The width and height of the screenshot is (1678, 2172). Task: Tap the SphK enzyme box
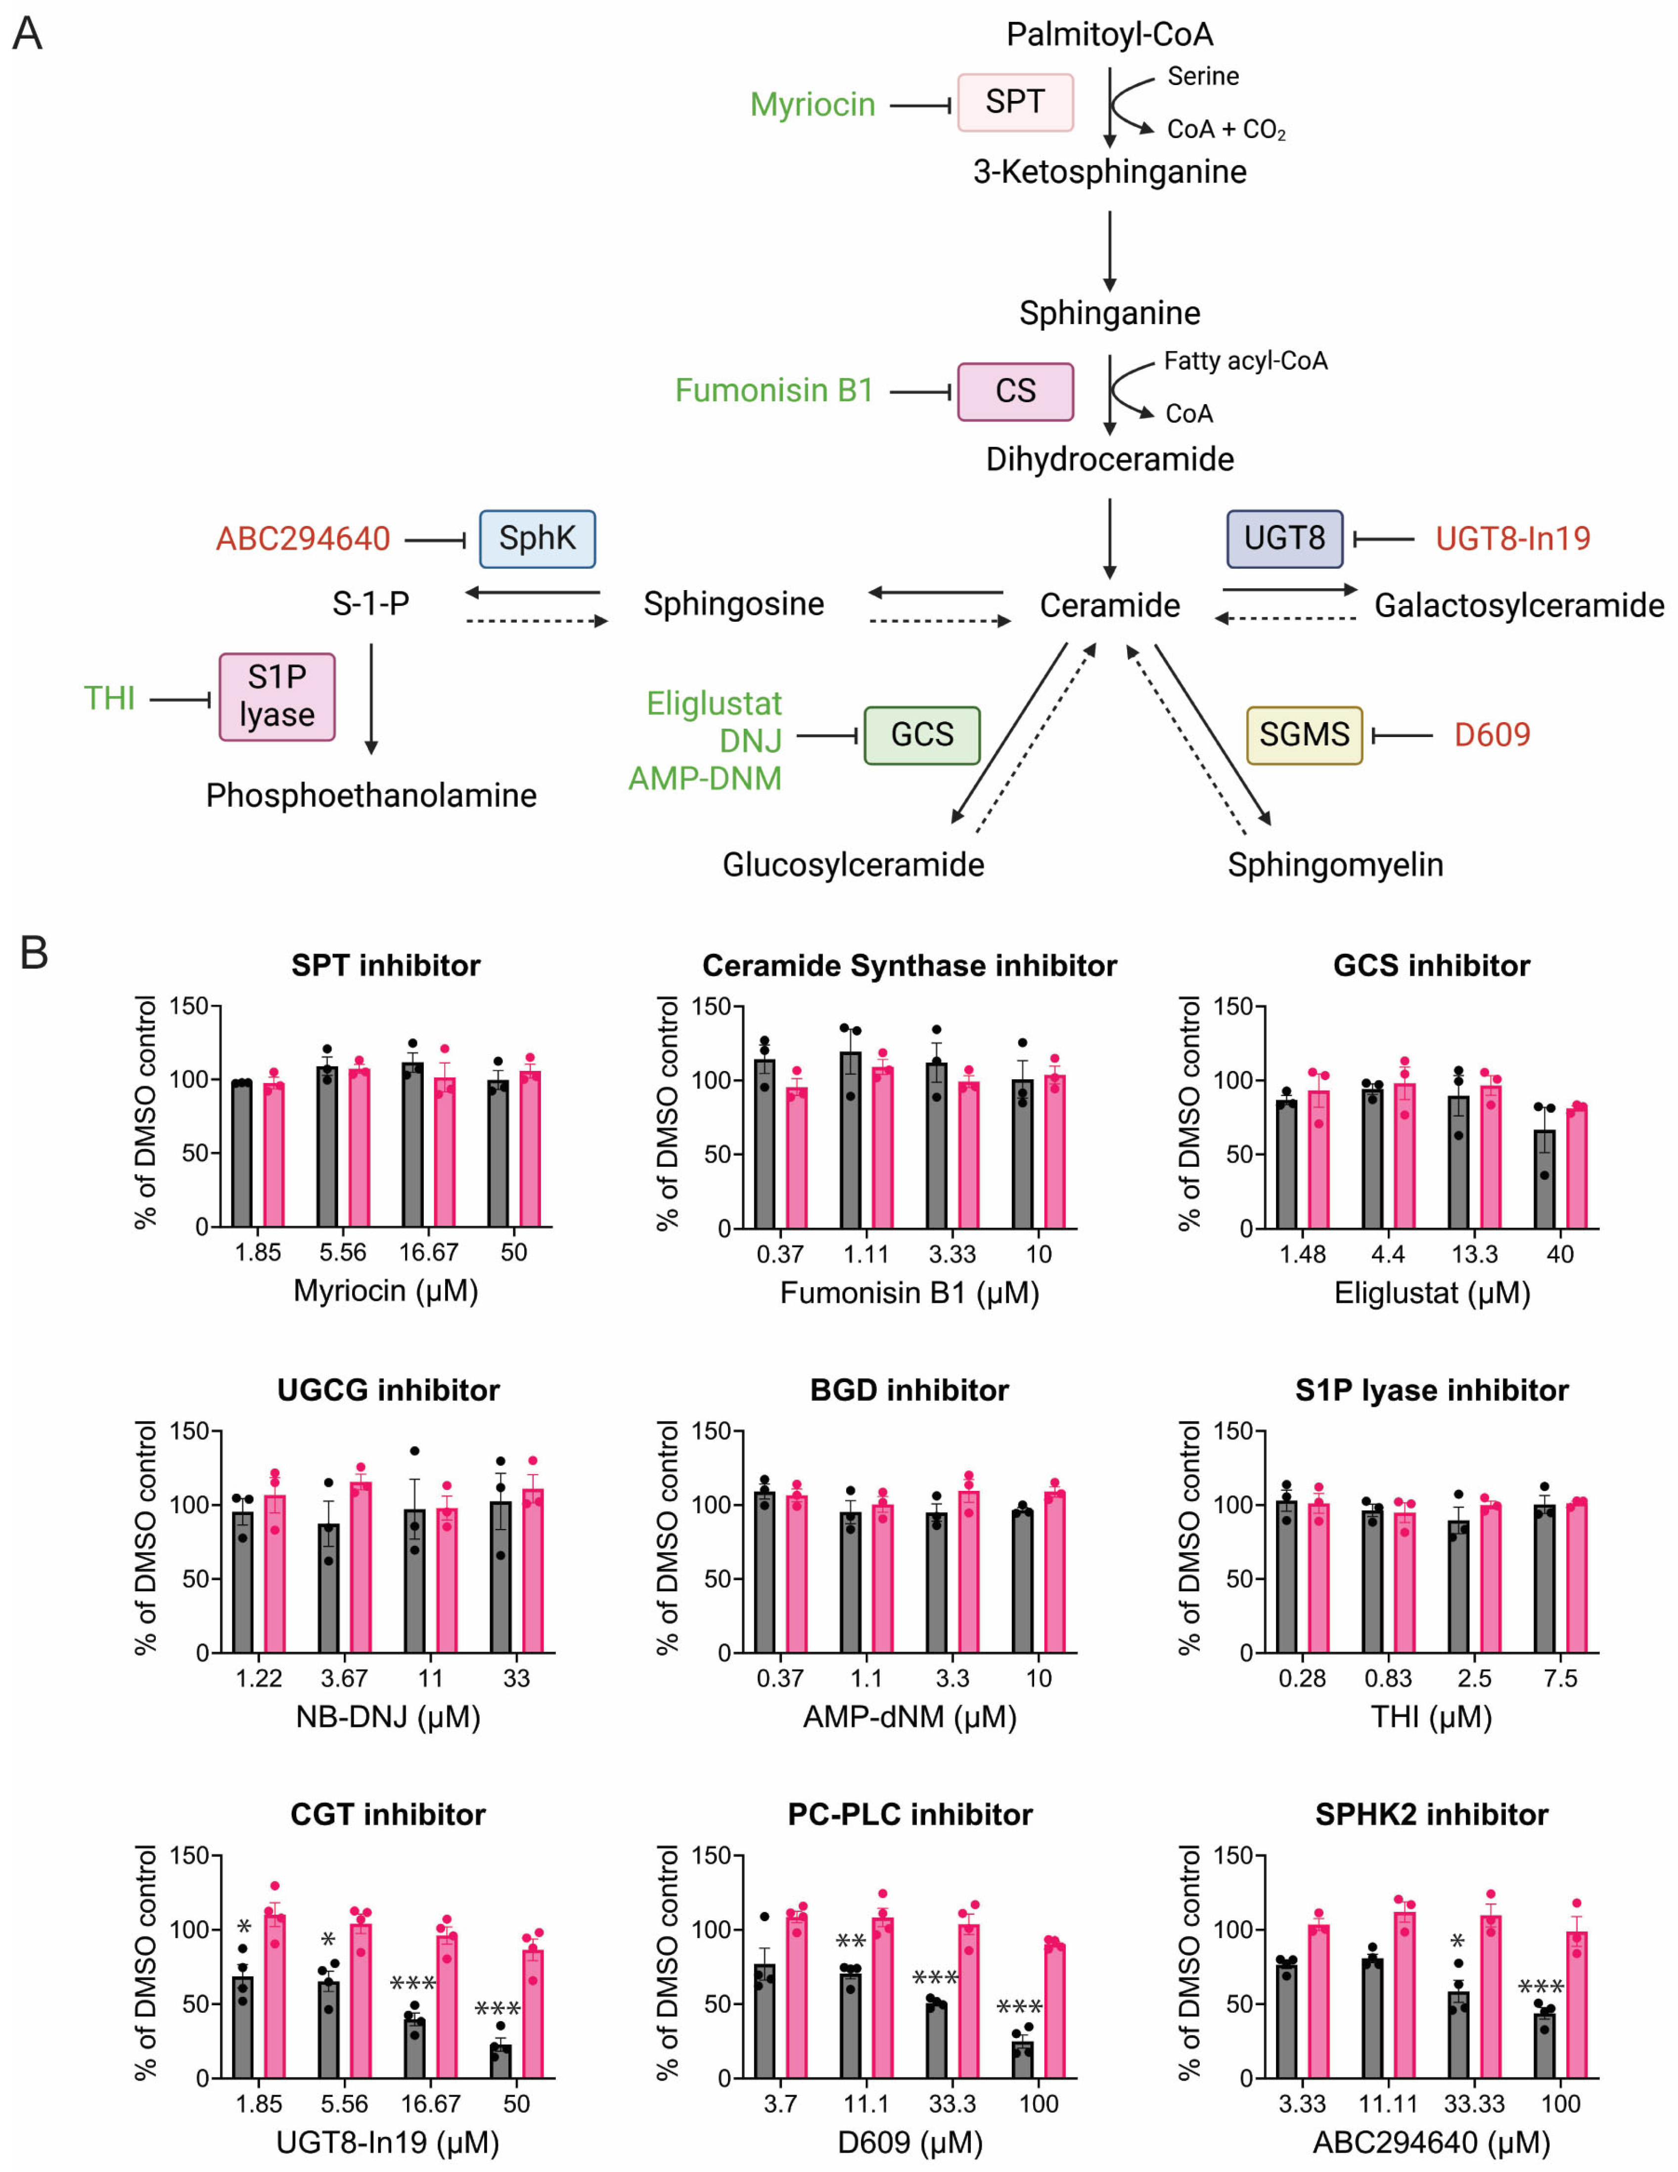click(x=537, y=539)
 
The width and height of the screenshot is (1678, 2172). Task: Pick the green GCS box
click(x=921, y=735)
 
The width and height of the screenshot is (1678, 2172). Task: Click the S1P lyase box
click(x=276, y=696)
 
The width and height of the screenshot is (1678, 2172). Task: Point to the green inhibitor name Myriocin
click(x=812, y=104)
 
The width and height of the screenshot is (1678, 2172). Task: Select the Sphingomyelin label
click(x=1335, y=864)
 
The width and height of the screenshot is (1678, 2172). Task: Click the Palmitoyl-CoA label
click(x=1109, y=35)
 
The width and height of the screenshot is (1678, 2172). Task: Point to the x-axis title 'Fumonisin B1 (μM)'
click(x=908, y=1293)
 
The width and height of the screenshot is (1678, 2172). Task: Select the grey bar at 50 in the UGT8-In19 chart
click(x=500, y=2061)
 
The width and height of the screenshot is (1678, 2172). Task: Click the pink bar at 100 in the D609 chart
click(x=1054, y=2011)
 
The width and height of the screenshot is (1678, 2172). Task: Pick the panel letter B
click(x=34, y=953)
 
